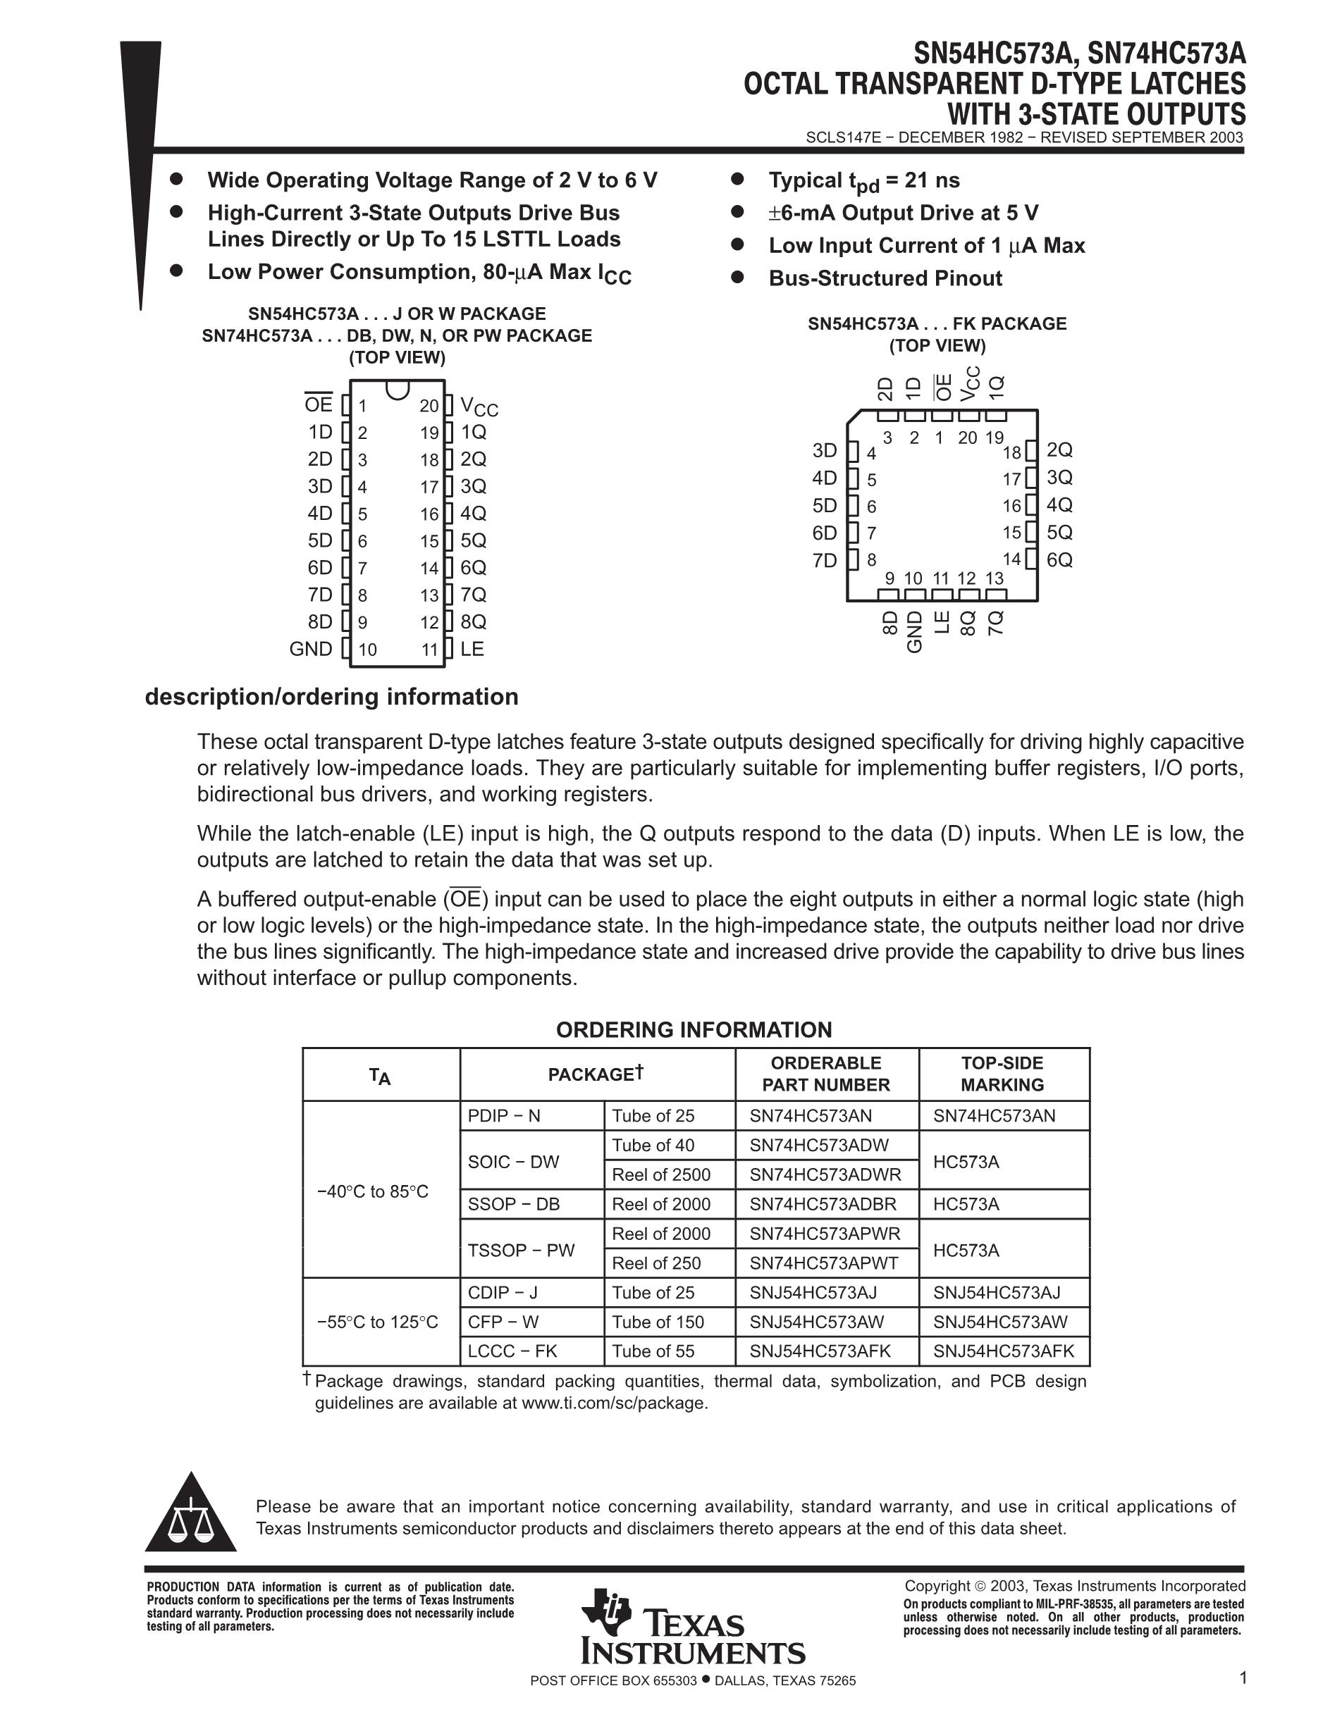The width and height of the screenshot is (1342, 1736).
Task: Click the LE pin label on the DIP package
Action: [x=472, y=649]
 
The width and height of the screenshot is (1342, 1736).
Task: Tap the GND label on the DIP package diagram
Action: [x=311, y=649]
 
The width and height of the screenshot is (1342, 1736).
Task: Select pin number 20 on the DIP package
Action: [x=429, y=407]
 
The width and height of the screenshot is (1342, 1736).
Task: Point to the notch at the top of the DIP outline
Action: [x=398, y=390]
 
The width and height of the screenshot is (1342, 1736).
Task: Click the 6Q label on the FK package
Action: [x=1060, y=559]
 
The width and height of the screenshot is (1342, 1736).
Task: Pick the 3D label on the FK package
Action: [x=825, y=451]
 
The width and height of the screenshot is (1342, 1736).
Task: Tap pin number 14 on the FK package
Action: [x=1011, y=559]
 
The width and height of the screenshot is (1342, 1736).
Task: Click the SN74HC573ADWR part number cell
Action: [x=825, y=1174]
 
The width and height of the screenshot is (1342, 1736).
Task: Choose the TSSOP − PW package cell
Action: [x=522, y=1250]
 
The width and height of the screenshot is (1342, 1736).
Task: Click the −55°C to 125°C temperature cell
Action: [x=378, y=1322]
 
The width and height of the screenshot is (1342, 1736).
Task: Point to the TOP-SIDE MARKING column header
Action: [x=1002, y=1074]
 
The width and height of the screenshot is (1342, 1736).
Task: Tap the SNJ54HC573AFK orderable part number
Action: [x=820, y=1351]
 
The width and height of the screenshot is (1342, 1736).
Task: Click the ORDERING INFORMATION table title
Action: [x=694, y=1030]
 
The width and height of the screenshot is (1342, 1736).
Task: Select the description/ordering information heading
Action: [x=331, y=697]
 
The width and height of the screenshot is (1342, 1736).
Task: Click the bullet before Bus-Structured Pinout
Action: [x=737, y=278]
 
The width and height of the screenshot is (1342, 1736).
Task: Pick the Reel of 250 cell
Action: [x=657, y=1263]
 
